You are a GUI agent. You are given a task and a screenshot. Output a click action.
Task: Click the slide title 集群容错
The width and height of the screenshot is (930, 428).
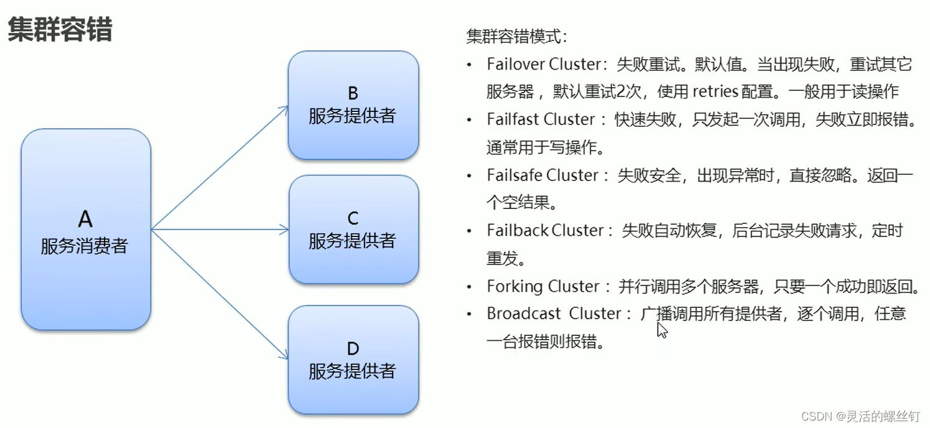coord(60,30)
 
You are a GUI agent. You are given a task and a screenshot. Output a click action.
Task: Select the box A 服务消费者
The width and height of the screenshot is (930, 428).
coord(86,230)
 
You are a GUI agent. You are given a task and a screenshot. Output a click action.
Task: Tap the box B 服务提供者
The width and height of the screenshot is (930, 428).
coord(353,105)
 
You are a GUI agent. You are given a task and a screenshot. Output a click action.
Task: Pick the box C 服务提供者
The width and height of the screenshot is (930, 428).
coord(353,230)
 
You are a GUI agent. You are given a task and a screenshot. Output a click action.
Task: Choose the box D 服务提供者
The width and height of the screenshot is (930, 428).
coord(353,360)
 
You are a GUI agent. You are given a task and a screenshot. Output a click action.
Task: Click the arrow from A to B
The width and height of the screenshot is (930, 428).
coord(221,167)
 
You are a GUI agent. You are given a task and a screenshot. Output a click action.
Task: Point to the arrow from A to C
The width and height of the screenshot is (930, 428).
coord(221,230)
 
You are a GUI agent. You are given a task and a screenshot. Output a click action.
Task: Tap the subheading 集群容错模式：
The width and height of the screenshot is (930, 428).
coord(517,36)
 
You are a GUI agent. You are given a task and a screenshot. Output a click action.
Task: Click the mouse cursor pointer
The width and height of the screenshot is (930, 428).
coord(661,329)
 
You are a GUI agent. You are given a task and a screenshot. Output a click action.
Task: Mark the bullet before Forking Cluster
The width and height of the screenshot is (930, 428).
coord(471,287)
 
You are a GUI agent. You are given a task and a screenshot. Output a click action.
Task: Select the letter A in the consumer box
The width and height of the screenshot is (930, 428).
coord(85,219)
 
